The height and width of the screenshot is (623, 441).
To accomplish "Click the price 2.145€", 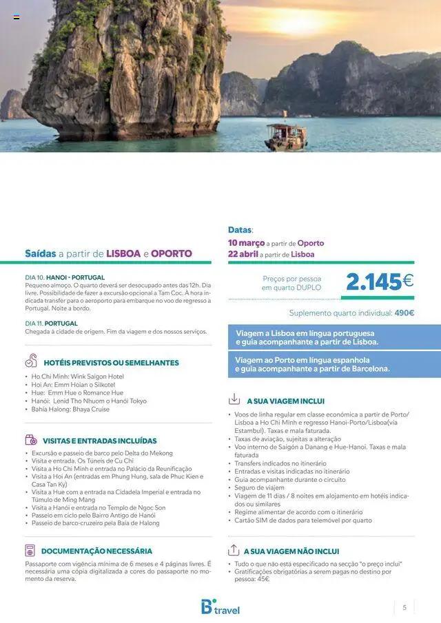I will coord(379,282).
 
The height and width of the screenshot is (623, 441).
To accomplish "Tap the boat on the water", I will coord(285,134).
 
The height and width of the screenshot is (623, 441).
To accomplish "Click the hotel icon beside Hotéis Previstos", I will coord(31,361).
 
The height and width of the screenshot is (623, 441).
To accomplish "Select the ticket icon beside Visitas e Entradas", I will coord(31,440).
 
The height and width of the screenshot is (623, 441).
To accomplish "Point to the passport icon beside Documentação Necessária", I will coord(30,551).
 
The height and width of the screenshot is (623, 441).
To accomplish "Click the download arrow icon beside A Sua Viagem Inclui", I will coord(234,399).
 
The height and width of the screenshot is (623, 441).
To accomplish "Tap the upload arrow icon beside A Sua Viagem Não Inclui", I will coord(234,551).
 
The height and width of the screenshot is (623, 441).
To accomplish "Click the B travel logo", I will coord(220,607).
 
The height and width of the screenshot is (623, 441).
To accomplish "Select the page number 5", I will coord(404,607).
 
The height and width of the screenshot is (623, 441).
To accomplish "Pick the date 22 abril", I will coord(243,254).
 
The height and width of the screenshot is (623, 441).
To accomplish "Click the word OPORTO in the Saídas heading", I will coord(172,253).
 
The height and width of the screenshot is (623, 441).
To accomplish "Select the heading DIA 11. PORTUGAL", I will coord(51,323).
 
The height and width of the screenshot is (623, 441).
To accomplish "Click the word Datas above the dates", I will coord(240,230).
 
